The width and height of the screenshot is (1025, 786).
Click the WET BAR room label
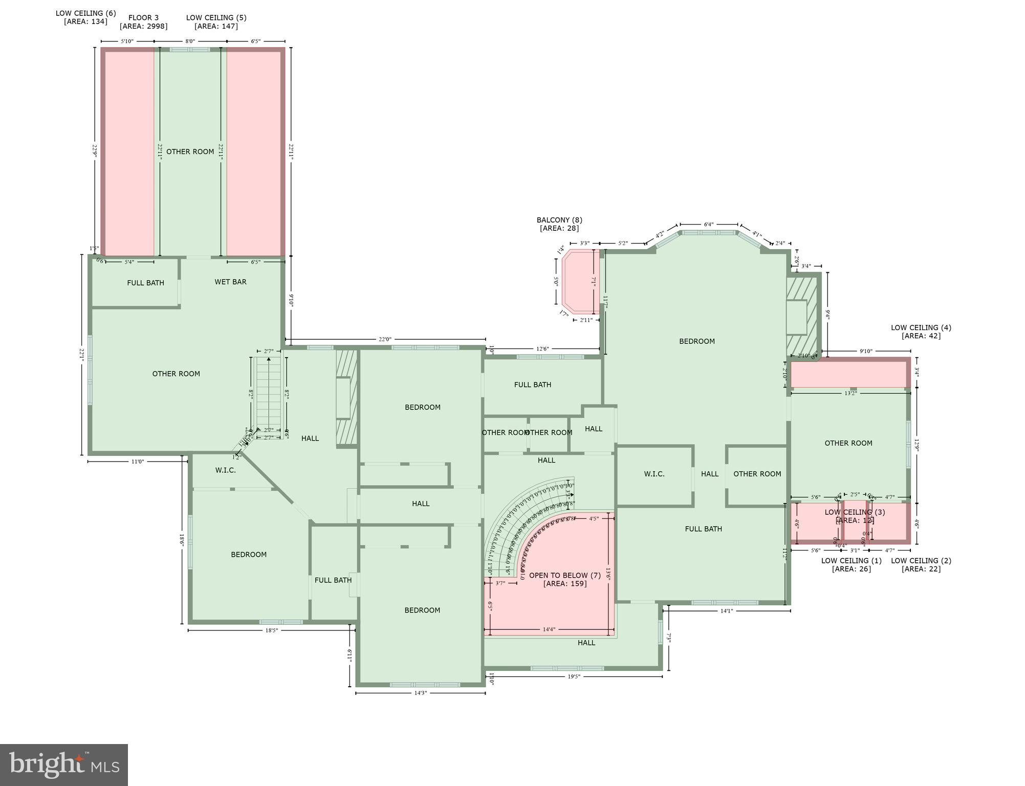tap(230, 282)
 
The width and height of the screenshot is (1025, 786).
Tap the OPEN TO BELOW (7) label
tap(564, 576)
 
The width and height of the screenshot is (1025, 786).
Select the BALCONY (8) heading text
tap(559, 220)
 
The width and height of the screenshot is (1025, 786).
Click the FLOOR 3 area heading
tap(143, 18)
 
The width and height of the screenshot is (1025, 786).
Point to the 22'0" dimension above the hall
tap(385, 339)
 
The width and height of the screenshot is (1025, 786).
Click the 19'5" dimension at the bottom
tap(574, 676)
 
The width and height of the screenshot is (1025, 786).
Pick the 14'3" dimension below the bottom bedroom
tap(420, 693)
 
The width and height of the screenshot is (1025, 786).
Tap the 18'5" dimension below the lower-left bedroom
tap(271, 630)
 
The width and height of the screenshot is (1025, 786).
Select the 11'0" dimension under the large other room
tap(137, 462)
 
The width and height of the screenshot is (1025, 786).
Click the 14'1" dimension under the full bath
tap(727, 611)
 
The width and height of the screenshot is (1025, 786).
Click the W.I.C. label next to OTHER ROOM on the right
tap(654, 474)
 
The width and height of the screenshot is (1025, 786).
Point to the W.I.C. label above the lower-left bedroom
tap(225, 470)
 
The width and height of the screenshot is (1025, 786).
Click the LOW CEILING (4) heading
tap(921, 327)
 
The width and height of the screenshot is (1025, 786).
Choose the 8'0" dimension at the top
tap(190, 41)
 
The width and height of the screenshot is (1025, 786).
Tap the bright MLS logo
tap(64, 765)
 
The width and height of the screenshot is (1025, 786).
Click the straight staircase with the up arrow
tap(268, 394)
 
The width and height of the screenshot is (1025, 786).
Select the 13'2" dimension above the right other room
tap(850, 394)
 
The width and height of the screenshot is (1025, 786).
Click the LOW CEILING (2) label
tap(921, 561)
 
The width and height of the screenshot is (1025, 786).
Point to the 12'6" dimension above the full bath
tap(542, 349)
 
